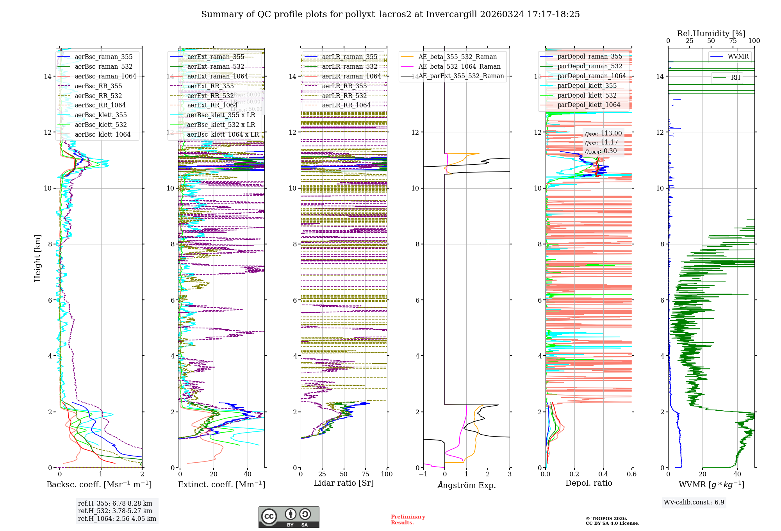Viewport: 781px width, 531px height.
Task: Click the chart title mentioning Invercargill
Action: (x=390, y=14)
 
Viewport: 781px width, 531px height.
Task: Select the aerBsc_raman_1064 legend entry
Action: (x=105, y=76)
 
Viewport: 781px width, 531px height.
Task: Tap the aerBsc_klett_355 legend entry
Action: (x=101, y=115)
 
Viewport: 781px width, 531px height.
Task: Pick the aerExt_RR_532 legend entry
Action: (x=210, y=96)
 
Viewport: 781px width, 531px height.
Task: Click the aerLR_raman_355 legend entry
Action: (x=349, y=57)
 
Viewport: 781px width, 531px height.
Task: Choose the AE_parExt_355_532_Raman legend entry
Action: (x=461, y=76)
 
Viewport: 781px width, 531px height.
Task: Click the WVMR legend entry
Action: (x=738, y=57)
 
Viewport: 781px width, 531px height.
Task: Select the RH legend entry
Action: (x=735, y=78)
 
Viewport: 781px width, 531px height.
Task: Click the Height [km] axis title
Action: (x=37, y=258)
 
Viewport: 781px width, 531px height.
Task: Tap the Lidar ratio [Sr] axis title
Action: (x=344, y=483)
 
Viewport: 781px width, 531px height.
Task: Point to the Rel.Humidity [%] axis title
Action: (x=711, y=34)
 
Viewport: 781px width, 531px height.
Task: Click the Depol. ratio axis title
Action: (x=588, y=483)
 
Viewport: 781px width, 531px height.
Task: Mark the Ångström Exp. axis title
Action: (x=466, y=485)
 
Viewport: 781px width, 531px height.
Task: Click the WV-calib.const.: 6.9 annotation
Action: (x=694, y=502)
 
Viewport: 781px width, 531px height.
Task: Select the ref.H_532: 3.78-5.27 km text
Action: (x=115, y=511)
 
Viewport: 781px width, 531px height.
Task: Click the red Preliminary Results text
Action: (x=408, y=520)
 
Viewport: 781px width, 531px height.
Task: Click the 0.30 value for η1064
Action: (x=610, y=151)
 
